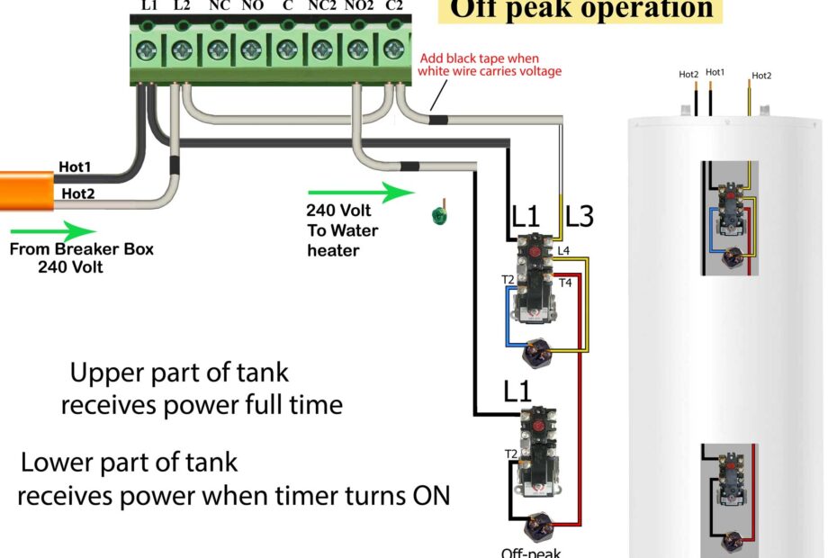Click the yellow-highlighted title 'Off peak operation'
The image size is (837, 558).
[581, 10]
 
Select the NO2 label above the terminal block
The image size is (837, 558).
[359, 6]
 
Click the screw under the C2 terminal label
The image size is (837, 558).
[393, 48]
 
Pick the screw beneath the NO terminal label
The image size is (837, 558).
[252, 48]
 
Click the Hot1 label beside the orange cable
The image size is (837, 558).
[75, 166]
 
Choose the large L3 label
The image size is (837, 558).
[580, 217]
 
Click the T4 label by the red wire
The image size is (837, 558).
[565, 283]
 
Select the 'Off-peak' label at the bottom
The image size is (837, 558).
[526, 552]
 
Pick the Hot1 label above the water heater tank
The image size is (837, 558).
[715, 72]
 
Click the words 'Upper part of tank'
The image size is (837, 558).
[179, 372]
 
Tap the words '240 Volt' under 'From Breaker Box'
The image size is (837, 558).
[70, 267]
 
